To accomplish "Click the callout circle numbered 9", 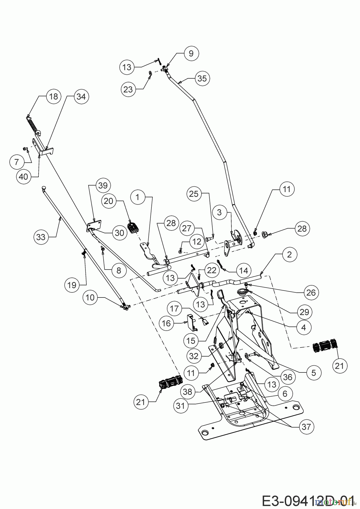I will point(191,53).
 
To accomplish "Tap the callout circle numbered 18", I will point(53,96).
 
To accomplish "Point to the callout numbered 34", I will point(81,96).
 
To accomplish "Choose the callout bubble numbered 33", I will point(41,237).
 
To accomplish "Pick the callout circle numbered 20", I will point(109,201).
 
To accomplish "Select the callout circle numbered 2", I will point(289,254).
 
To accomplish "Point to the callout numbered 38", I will point(187,392).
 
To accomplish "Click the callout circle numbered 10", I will point(90,297).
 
